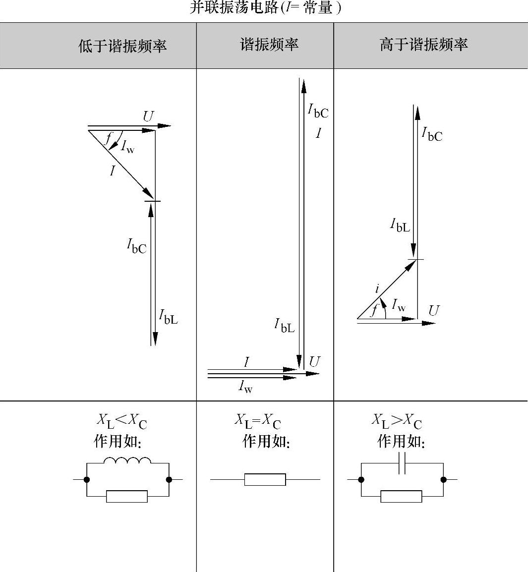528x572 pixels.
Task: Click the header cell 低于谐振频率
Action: (x=122, y=46)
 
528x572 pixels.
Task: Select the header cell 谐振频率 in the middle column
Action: (x=269, y=45)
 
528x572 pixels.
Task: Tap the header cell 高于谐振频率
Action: (x=423, y=45)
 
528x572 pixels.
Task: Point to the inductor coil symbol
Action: (x=127, y=461)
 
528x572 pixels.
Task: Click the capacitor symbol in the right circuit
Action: (x=402, y=463)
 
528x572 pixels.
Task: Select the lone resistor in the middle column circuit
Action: (x=265, y=479)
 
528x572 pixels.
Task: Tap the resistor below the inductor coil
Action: (x=127, y=496)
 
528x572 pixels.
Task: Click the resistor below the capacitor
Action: (x=402, y=496)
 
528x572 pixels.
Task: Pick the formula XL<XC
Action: (x=121, y=421)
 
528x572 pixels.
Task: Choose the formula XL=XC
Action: (x=257, y=421)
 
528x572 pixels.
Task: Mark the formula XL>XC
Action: (x=397, y=421)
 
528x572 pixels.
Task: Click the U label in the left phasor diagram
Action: (x=148, y=117)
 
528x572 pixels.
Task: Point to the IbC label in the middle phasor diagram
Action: (x=318, y=111)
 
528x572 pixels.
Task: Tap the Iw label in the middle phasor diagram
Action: (x=245, y=386)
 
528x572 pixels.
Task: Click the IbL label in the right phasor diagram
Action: (x=400, y=226)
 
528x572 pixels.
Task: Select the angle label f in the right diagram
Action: (x=374, y=310)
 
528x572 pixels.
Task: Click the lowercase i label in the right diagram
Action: (x=377, y=288)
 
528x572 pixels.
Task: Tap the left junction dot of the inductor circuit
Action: (x=87, y=479)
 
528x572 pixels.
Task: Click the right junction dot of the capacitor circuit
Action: (x=443, y=479)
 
